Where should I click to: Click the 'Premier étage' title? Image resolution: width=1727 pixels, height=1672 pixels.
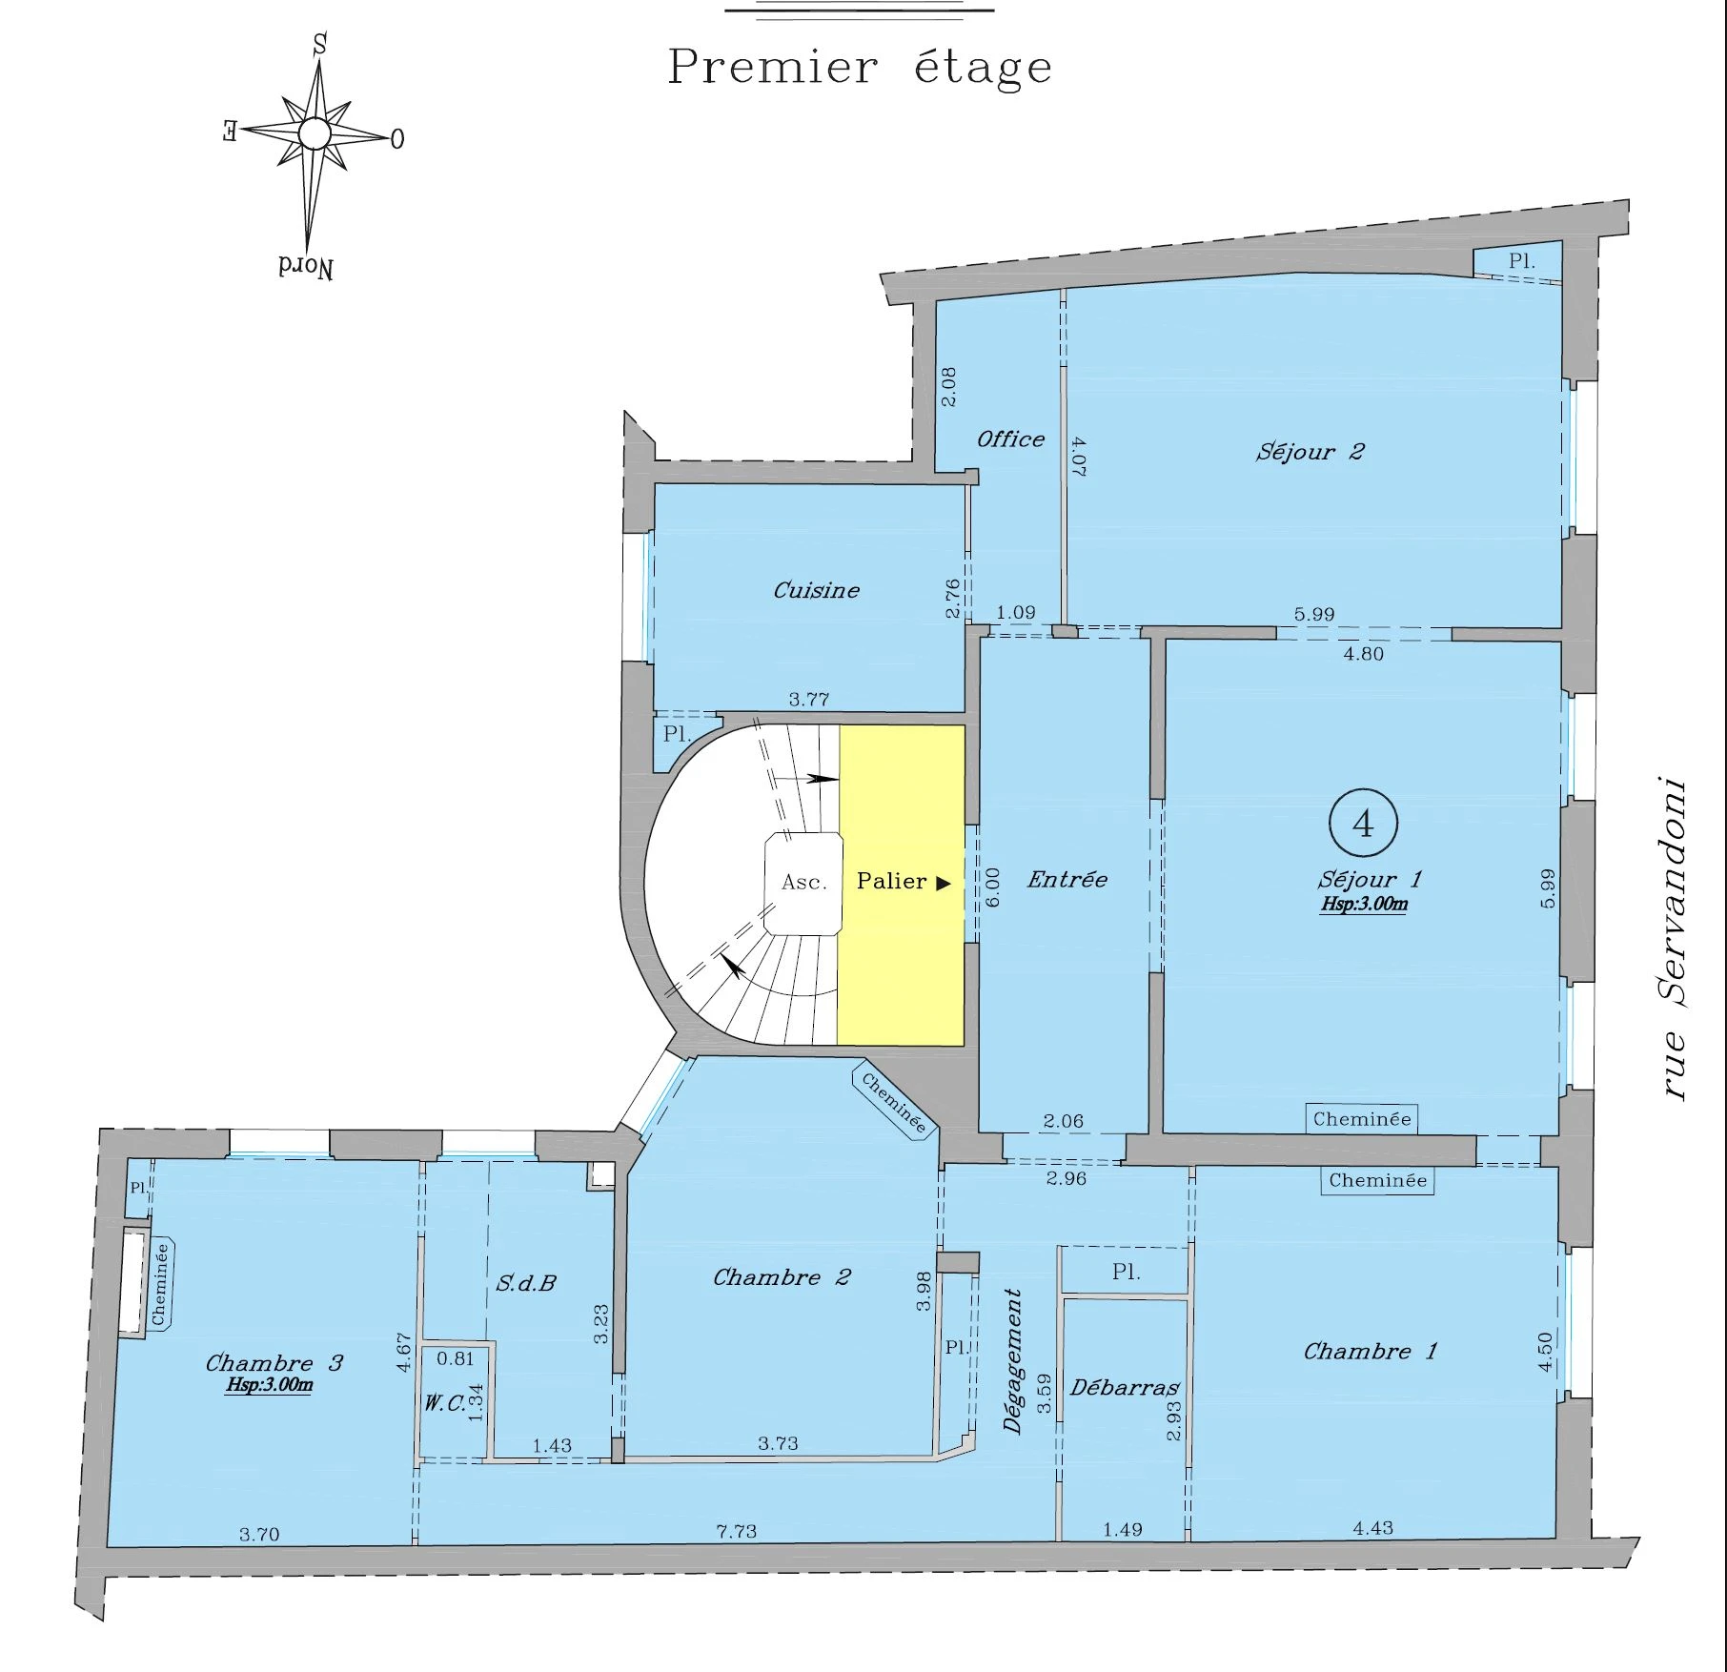(860, 67)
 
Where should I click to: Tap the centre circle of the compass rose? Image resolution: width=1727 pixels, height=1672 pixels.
(315, 133)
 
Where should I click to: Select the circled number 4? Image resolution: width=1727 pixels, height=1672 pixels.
(1363, 823)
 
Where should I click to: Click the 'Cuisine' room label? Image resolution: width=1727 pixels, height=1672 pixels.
(816, 591)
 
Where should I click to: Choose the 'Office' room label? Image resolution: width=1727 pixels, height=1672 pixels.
(1010, 439)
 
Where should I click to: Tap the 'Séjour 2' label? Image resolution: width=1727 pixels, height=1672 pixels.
(1310, 452)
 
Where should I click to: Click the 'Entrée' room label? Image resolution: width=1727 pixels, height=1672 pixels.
(1067, 880)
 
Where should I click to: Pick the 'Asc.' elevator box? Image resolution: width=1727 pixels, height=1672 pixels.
(803, 883)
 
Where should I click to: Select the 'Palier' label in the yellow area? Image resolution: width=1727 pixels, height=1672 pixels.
(892, 882)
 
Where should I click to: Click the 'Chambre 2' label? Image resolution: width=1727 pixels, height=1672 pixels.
(782, 1277)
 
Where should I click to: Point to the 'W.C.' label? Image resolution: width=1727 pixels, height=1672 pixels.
(444, 1403)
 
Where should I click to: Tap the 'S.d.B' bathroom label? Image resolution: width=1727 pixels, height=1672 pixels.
(526, 1283)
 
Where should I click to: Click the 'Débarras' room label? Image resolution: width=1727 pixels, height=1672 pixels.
(1125, 1388)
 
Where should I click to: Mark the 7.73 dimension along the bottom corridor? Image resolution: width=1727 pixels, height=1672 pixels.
(737, 1532)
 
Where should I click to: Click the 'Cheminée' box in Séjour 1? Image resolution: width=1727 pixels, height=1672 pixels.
(1362, 1119)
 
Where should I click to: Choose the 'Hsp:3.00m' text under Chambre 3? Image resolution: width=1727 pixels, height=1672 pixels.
(269, 1385)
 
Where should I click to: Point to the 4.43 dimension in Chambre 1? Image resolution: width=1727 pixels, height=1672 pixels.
(1372, 1529)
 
